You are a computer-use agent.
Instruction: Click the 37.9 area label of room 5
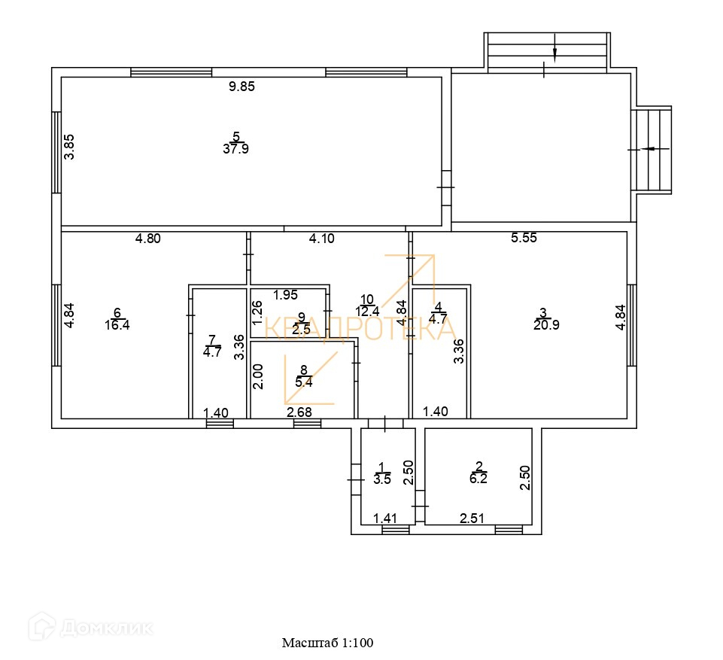[x=235, y=149]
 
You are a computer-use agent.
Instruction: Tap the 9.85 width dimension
[x=242, y=87]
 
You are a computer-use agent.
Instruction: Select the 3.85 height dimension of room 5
[x=69, y=146]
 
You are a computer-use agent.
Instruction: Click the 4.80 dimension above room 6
[x=148, y=239]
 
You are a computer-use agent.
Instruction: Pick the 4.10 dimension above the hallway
[x=323, y=239]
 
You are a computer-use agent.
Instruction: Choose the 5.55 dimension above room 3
[x=524, y=239]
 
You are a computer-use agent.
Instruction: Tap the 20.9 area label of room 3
[x=546, y=325]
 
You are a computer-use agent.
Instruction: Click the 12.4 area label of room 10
[x=368, y=312]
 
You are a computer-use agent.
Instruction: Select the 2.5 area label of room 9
[x=301, y=330]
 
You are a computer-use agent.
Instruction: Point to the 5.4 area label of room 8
[x=304, y=382]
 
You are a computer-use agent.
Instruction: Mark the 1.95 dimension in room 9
[x=286, y=294]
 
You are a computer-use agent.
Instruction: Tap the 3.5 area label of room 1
[x=382, y=479]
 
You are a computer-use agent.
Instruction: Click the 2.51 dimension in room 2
[x=473, y=518]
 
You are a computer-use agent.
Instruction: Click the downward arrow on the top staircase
[x=554, y=52]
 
